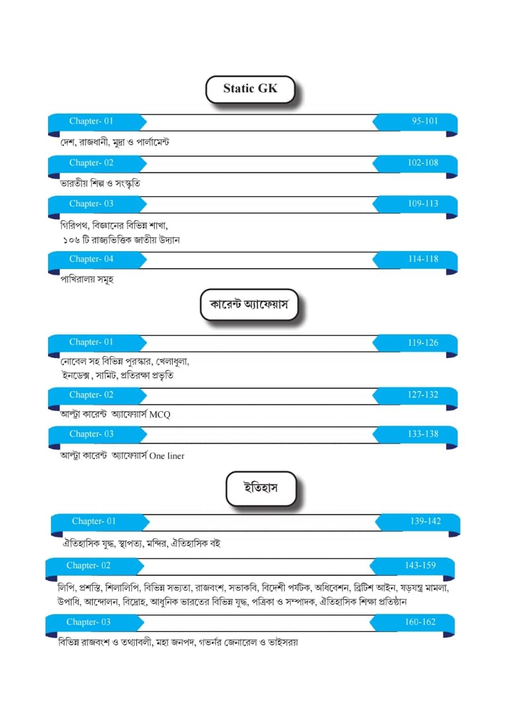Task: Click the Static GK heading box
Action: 250,89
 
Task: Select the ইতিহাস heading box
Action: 261,488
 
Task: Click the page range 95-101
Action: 425,121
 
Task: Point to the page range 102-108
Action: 423,163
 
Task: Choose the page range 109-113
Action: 423,204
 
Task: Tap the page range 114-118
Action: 423,259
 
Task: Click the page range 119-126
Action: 423,342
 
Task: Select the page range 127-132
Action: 423,395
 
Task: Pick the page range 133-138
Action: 423,434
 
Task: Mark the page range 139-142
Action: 425,521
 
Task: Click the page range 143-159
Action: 420,566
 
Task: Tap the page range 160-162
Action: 420,622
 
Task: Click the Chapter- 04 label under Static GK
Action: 91,259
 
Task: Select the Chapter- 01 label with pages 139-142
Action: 94,521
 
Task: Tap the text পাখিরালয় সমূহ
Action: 87,280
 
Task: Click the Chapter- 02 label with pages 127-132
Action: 91,395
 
